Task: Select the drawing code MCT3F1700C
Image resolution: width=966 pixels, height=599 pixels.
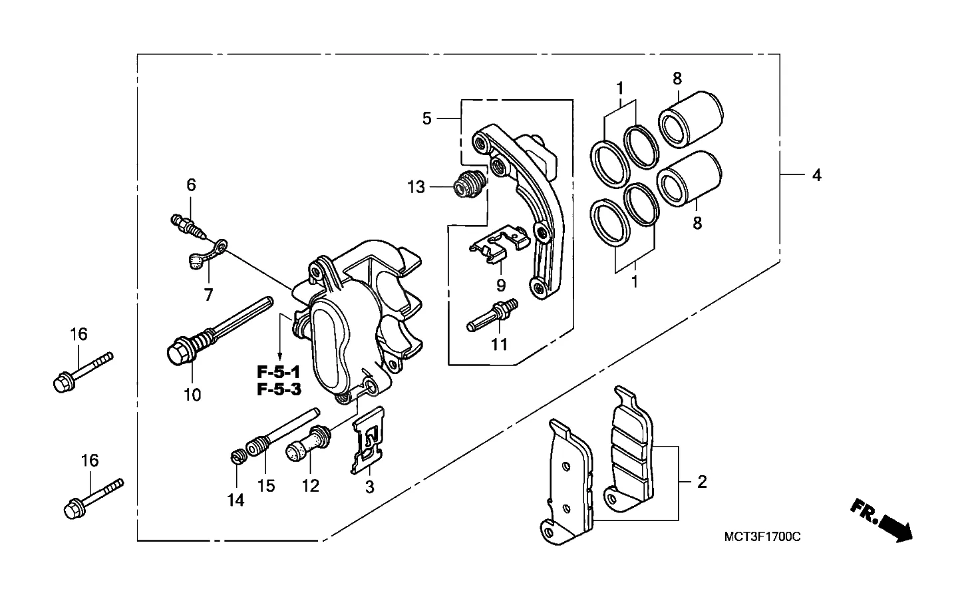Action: (x=762, y=537)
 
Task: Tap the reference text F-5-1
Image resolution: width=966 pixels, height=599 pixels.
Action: (x=278, y=371)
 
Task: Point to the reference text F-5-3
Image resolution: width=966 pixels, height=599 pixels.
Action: (x=279, y=389)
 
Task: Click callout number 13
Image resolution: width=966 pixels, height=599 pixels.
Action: (x=416, y=187)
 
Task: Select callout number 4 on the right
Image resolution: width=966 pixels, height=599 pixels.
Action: (x=816, y=175)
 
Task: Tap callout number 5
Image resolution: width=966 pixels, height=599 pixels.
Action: (x=426, y=118)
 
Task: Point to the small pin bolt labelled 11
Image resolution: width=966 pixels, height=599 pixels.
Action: (x=492, y=315)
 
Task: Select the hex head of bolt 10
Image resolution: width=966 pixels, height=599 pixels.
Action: (x=181, y=353)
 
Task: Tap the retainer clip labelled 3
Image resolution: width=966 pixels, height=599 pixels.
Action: (x=368, y=441)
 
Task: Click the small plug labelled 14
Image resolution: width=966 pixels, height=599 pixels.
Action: (x=238, y=456)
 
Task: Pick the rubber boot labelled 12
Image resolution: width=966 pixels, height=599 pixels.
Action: (x=308, y=443)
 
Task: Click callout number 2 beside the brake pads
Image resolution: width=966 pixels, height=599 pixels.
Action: (x=702, y=482)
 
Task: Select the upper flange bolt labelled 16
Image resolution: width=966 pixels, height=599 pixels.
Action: (x=82, y=372)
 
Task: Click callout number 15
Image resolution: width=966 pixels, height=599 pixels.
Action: (x=266, y=486)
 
